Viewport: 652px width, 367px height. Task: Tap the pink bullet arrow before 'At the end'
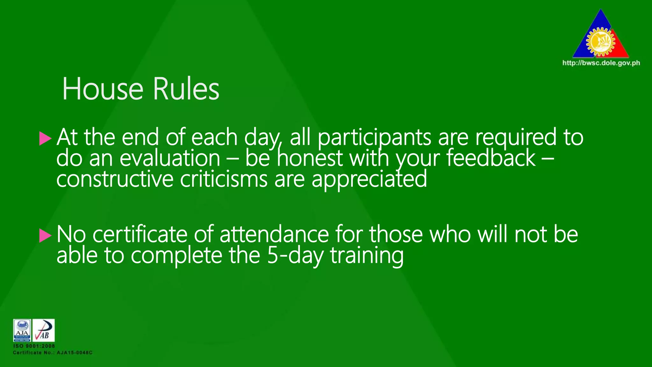[45, 139]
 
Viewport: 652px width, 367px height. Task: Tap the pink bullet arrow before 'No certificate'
[45, 236]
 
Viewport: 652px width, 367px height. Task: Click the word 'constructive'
[115, 179]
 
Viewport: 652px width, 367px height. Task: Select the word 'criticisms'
[224, 179]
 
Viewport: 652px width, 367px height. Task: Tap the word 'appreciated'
[369, 179]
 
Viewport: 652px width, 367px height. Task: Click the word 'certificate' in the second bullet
[140, 235]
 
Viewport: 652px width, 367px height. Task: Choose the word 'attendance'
[274, 235]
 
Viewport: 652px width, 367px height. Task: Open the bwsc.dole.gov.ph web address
[601, 63]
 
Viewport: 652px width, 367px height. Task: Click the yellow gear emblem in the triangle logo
[600, 41]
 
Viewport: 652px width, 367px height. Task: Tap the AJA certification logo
[22, 330]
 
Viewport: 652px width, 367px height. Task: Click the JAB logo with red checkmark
[44, 330]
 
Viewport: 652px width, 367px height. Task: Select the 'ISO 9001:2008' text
[34, 346]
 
